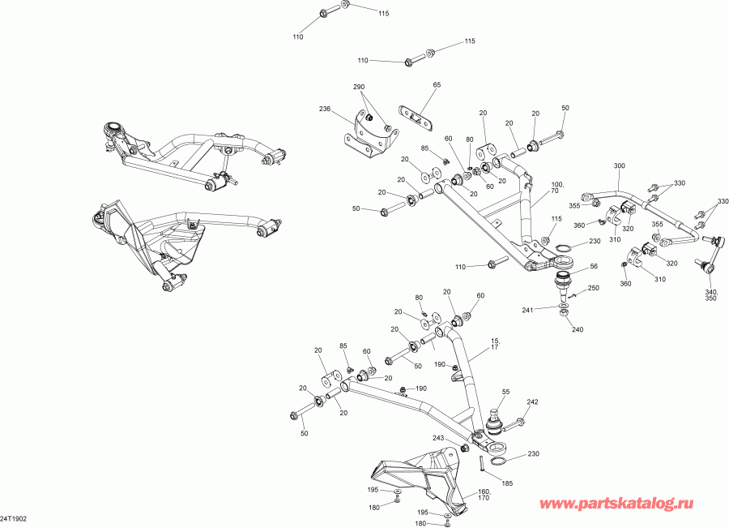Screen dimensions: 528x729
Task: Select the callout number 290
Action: point(359,88)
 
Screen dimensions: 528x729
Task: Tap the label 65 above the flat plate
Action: point(437,85)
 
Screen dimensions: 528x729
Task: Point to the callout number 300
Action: point(620,165)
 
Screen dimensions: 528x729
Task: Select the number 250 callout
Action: point(593,289)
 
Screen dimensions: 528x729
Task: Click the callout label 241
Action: point(527,309)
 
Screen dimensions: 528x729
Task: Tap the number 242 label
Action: point(532,401)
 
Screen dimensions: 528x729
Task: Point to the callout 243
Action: point(439,439)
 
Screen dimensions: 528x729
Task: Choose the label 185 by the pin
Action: point(508,483)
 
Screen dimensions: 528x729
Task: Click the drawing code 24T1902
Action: point(14,517)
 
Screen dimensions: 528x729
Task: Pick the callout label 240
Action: point(577,329)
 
